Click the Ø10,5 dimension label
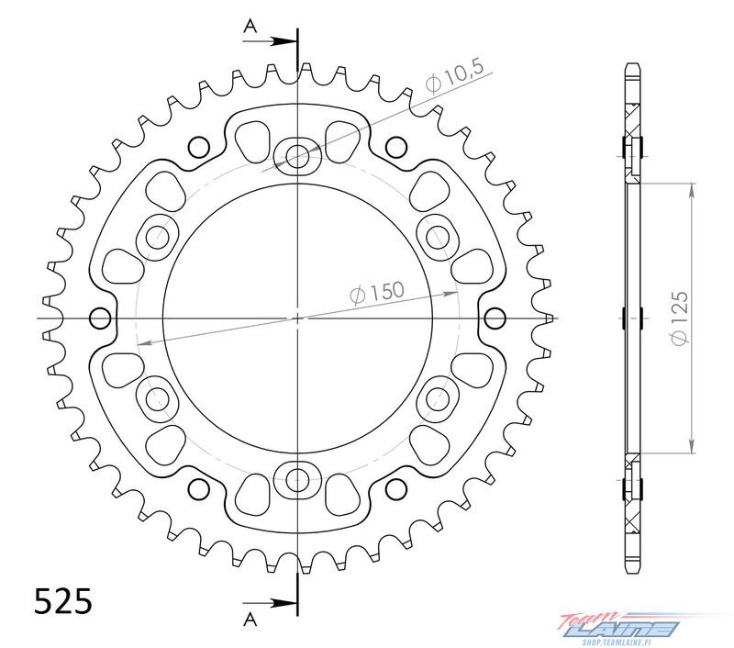(x=454, y=76)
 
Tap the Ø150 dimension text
(x=377, y=293)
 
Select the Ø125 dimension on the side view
(x=679, y=318)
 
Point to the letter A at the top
(x=250, y=28)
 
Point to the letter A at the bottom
(x=250, y=620)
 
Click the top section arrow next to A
(x=270, y=41)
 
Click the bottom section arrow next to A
(x=270, y=603)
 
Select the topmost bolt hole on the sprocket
(x=297, y=154)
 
